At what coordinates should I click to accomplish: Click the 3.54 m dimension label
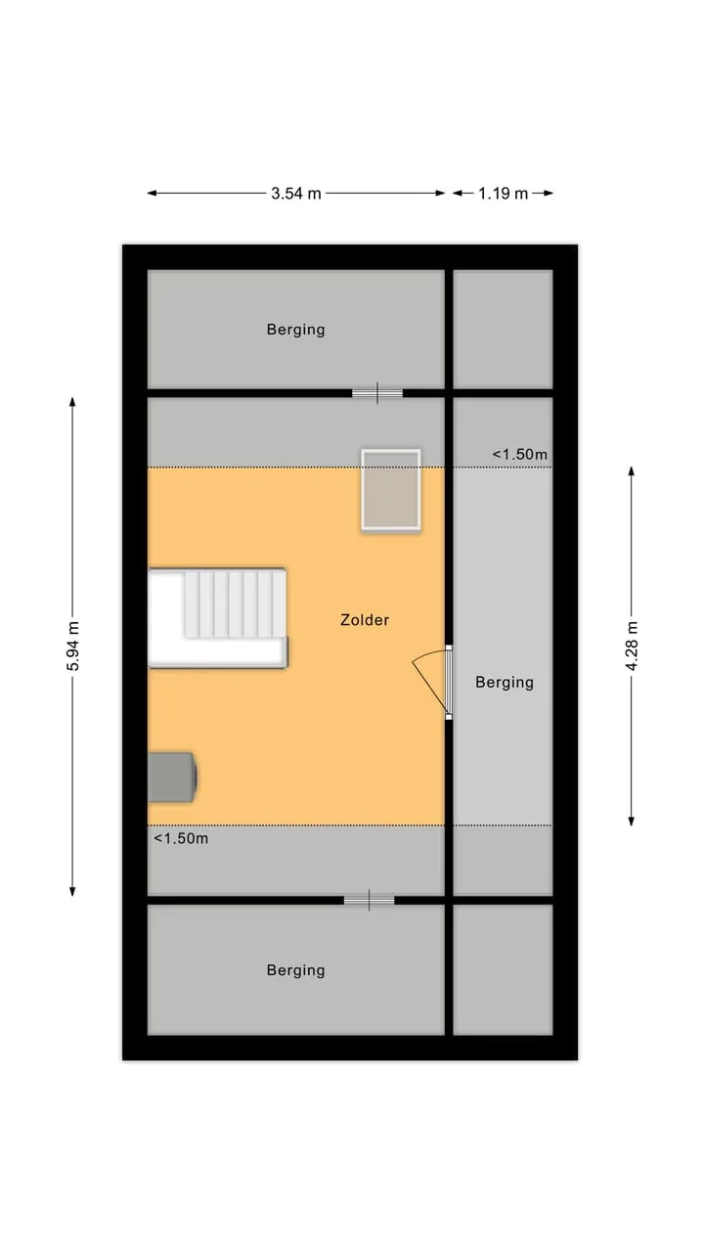[296, 194]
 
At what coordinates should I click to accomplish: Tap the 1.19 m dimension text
[503, 194]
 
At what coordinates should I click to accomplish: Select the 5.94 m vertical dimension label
[72, 646]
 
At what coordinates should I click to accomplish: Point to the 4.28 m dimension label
[632, 646]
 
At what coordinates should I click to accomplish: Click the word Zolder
[365, 619]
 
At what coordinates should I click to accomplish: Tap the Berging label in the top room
[295, 330]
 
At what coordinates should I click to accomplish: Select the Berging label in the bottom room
[295, 969]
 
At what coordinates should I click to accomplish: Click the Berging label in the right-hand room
[505, 682]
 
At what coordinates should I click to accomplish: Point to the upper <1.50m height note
[519, 455]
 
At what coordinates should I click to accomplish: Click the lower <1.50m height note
[181, 838]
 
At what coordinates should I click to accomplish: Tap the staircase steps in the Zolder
[236, 604]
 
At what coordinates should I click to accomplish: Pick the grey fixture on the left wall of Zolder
[172, 777]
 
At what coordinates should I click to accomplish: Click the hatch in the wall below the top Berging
[377, 393]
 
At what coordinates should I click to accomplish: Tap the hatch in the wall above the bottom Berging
[369, 901]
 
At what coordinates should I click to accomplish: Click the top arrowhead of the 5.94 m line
[72, 401]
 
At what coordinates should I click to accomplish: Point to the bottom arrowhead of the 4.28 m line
[632, 822]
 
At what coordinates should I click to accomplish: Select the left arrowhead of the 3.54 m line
[152, 194]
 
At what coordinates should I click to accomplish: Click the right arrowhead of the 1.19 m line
[550, 194]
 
